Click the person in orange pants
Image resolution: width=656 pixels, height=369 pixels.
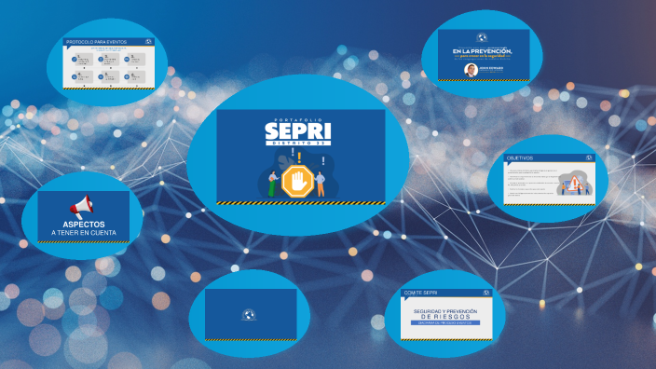point(321,183)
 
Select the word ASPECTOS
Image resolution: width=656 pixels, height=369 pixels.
point(84,224)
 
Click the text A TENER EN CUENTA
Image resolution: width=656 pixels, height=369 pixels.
point(84,233)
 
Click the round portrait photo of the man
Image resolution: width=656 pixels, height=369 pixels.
point(471,70)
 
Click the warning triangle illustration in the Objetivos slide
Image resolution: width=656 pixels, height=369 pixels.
point(576,182)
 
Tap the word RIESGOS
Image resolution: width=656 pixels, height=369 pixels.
point(444,317)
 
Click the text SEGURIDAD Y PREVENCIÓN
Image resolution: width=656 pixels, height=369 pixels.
point(444,309)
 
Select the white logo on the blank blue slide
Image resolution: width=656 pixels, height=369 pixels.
point(249,314)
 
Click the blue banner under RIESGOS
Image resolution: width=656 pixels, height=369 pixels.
point(444,323)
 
